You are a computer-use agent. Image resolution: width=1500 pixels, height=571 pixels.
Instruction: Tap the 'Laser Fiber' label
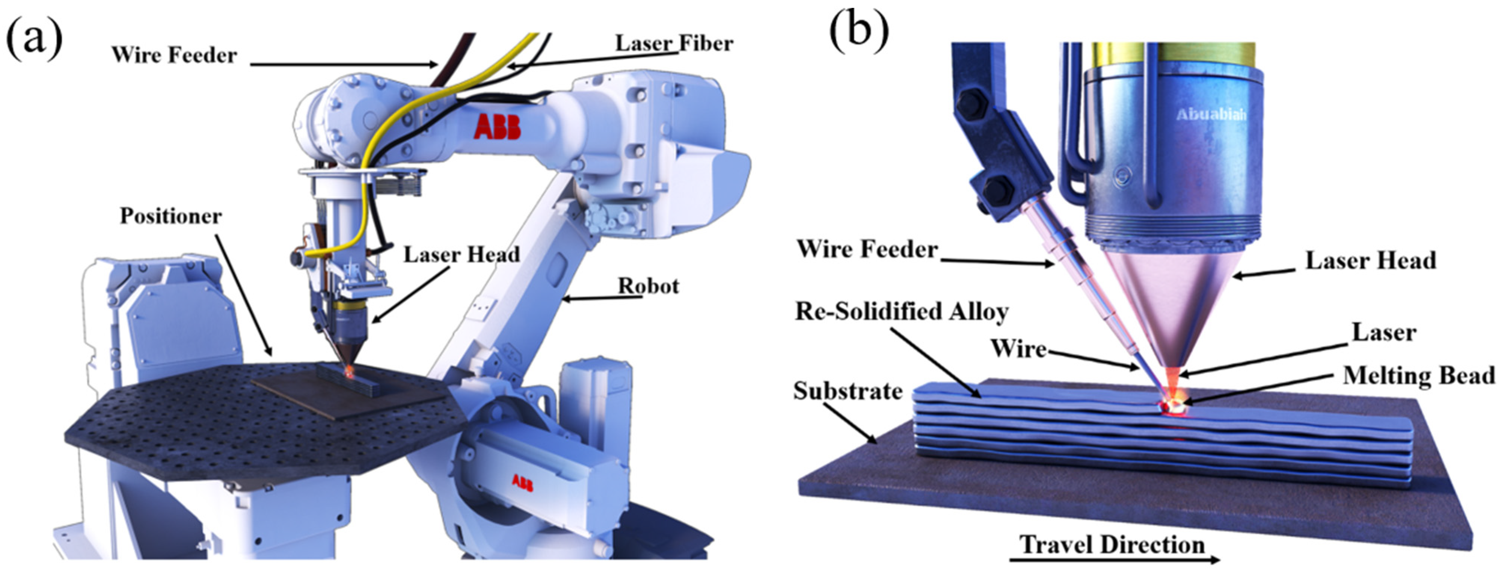point(674,43)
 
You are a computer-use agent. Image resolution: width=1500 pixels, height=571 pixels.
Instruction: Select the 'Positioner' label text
point(171,216)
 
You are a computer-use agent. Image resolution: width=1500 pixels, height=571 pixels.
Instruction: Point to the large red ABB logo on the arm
point(497,127)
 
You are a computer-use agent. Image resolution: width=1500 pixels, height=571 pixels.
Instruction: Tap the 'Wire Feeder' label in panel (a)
point(174,55)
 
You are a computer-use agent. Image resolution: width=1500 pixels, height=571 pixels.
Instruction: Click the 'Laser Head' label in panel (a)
point(461,255)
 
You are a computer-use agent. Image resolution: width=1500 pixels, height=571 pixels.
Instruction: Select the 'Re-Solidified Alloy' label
point(901,312)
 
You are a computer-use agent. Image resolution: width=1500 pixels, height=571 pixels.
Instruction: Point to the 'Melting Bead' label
point(1418,376)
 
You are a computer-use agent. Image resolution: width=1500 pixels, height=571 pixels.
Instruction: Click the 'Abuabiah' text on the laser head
point(1211,114)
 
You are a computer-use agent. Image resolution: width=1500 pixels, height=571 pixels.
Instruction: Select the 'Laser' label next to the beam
point(1384,333)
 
